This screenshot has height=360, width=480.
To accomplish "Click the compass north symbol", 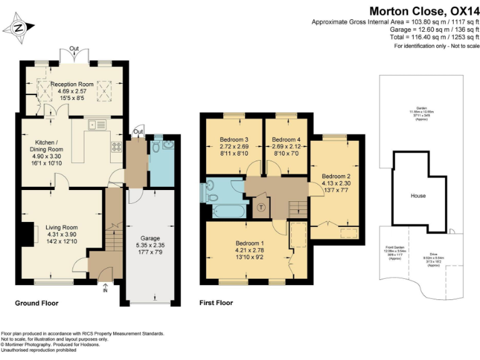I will click(18, 27).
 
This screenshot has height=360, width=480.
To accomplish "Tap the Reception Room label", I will click(72, 84).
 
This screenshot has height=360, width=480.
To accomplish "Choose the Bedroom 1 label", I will click(249, 242).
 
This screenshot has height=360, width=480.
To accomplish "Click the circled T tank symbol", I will click(261, 207).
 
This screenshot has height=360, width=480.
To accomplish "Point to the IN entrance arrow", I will click(104, 289).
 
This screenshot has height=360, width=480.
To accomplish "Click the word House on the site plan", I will click(417, 196).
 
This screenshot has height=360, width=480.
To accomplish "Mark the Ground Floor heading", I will click(37, 303).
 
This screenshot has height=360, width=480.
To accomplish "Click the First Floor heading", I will click(216, 303).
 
